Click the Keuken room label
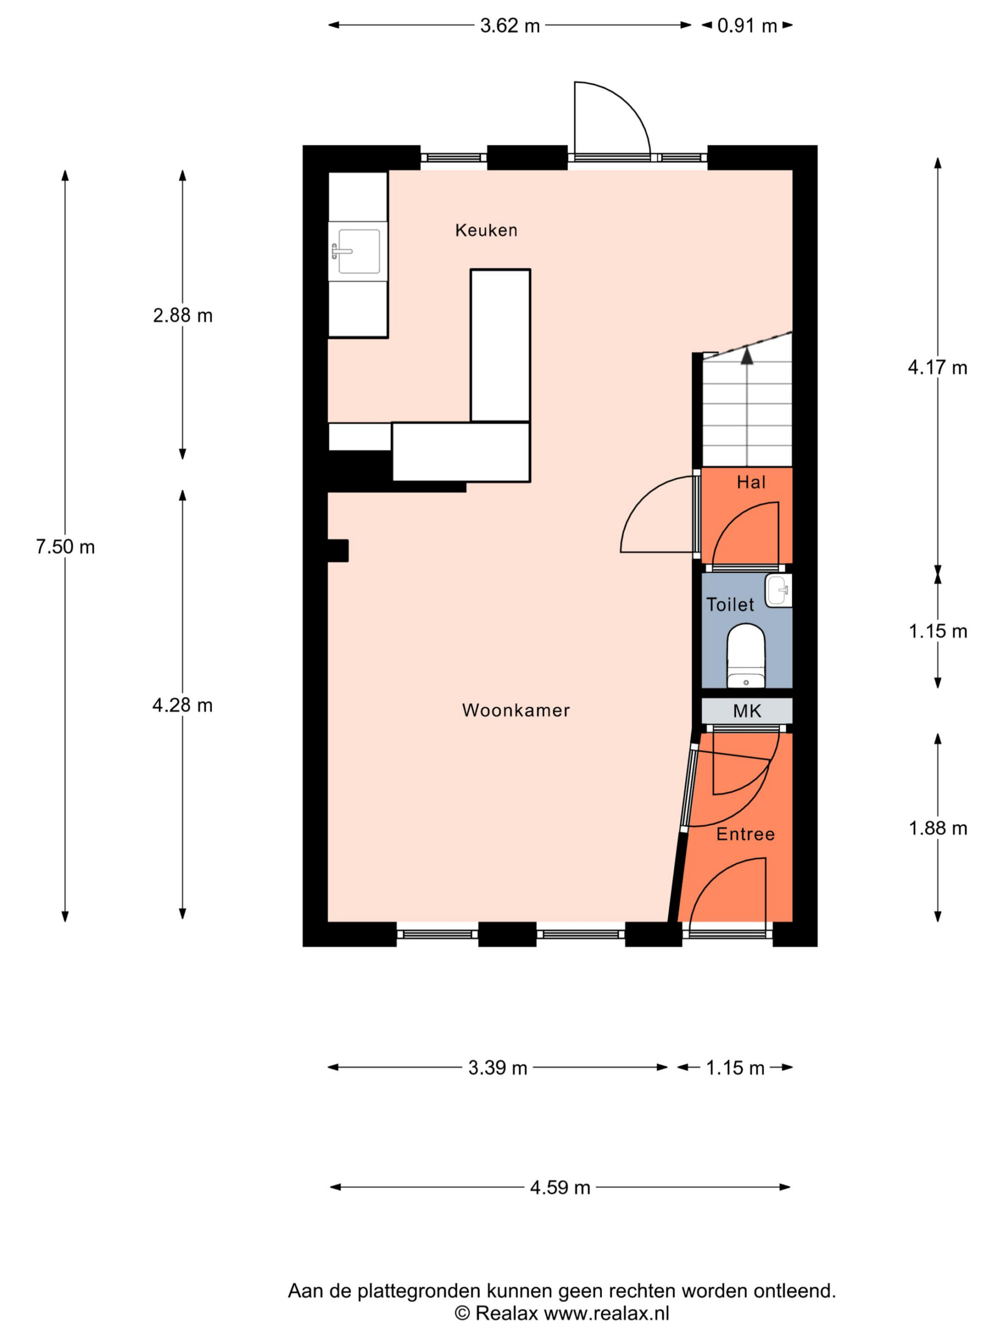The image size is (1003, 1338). [x=486, y=230]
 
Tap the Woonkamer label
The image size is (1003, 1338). [x=516, y=710]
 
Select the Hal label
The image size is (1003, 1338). [x=751, y=482]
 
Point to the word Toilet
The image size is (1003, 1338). [x=730, y=604]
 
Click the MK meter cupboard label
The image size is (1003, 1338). [x=747, y=711]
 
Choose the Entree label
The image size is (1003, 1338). [x=745, y=834]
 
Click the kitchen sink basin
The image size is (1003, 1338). [x=358, y=251]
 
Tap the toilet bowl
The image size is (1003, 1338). [x=746, y=657]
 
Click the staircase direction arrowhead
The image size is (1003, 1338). [x=747, y=355]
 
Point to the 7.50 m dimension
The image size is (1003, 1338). [x=65, y=547]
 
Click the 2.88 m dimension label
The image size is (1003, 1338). [x=183, y=315]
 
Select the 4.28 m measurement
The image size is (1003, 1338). [x=183, y=705]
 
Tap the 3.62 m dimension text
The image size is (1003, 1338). [x=510, y=26]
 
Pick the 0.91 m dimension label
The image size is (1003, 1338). [x=747, y=26]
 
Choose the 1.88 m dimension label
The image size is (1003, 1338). [x=938, y=828]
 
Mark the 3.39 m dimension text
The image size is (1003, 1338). [x=497, y=1068]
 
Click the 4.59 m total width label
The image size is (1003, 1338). [x=560, y=1187]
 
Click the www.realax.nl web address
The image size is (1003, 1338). [x=607, y=1313]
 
